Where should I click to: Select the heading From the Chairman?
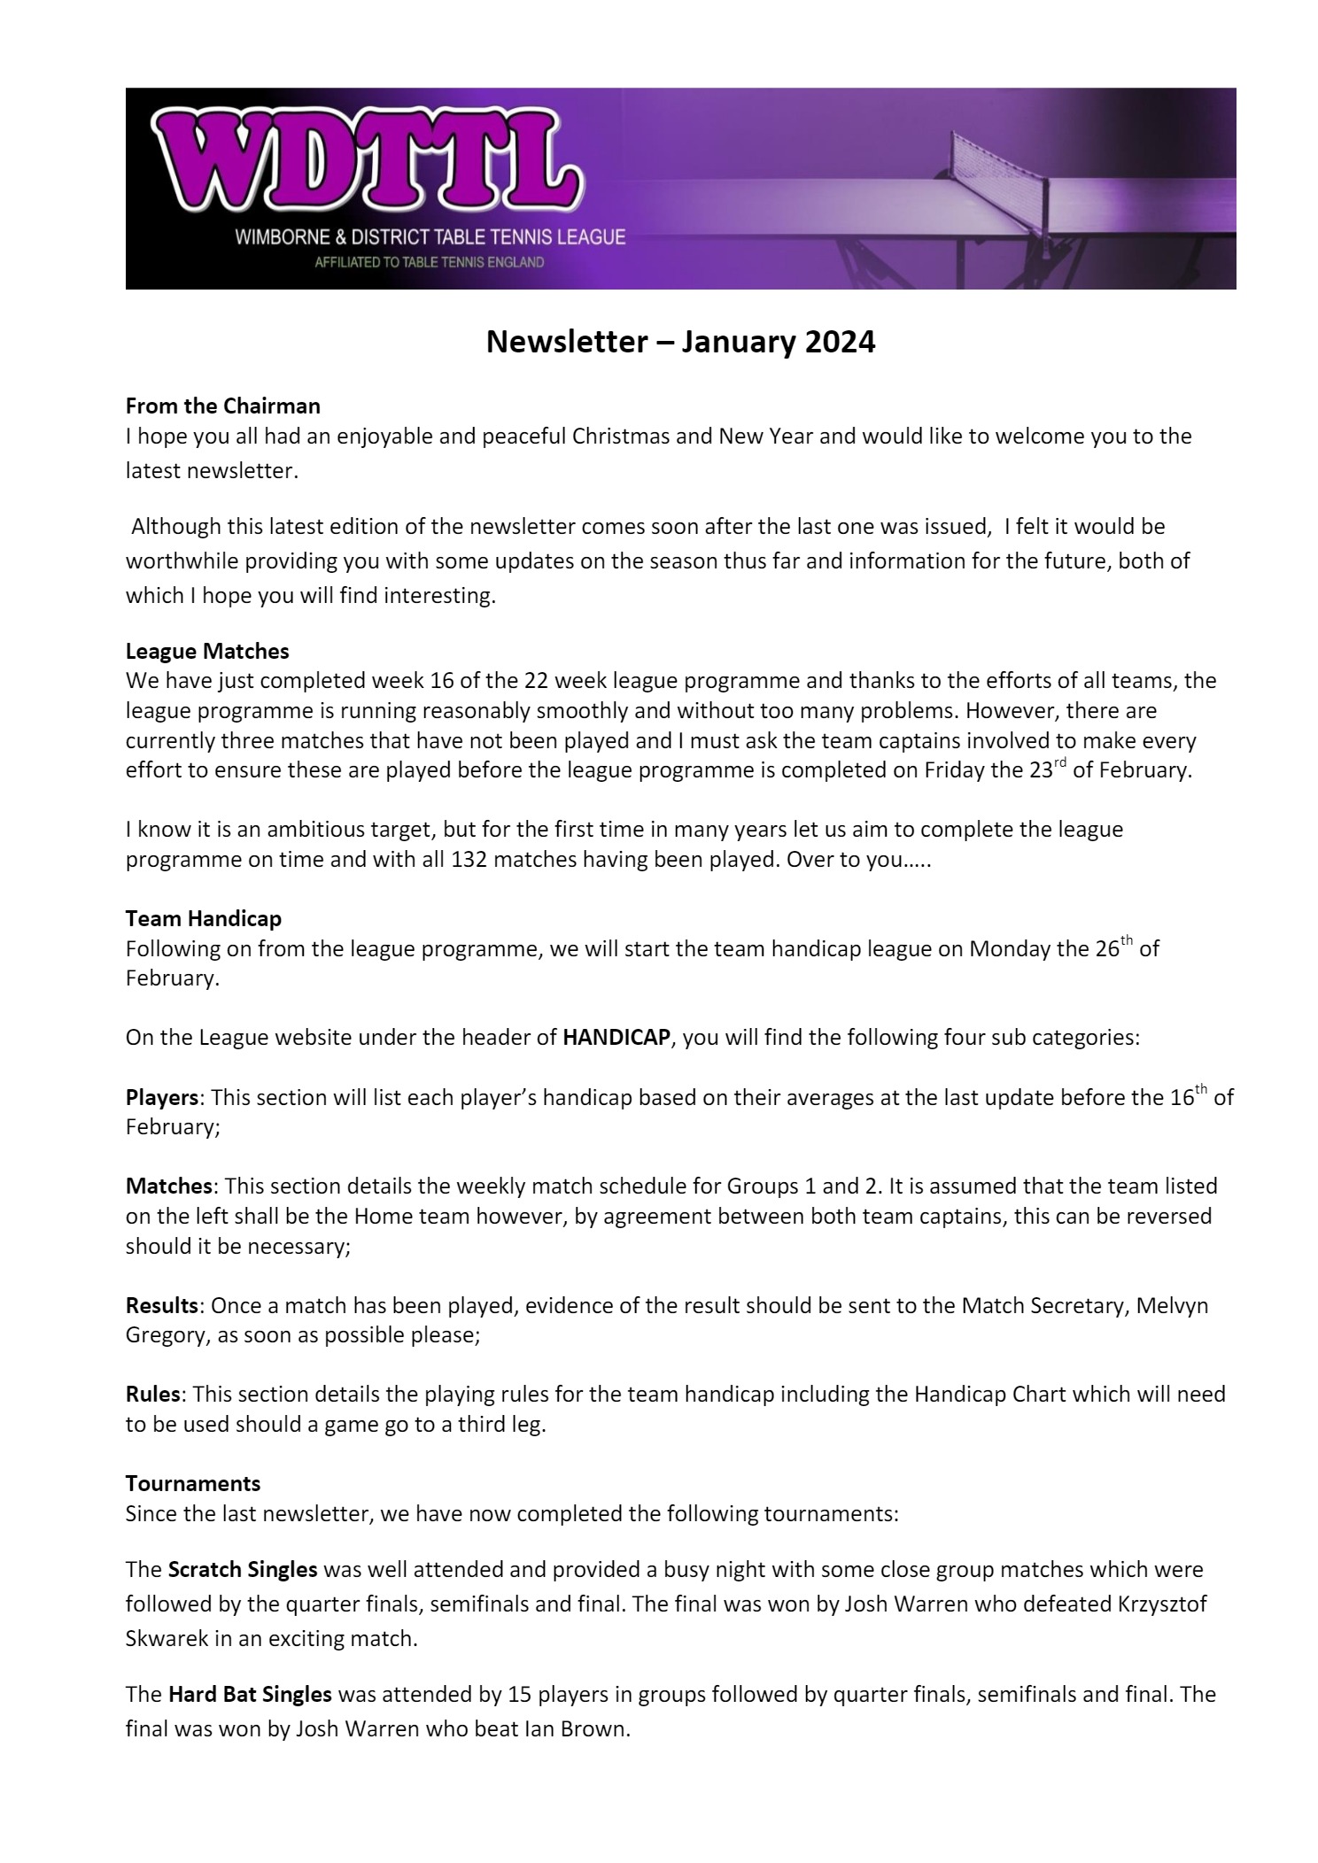(x=222, y=406)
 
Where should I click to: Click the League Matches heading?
(x=207, y=651)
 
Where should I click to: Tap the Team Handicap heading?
(x=203, y=919)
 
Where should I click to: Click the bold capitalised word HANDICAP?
(x=616, y=1037)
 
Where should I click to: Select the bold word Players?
(x=161, y=1098)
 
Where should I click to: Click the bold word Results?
(x=161, y=1305)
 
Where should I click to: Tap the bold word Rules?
(x=152, y=1394)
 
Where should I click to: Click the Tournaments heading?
(x=193, y=1483)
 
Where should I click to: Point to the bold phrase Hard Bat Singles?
(x=250, y=1695)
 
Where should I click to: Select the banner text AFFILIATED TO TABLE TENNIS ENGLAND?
(x=430, y=263)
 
